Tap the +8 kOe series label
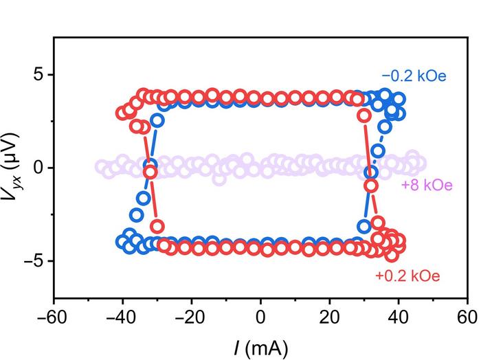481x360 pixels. pyautogui.click(x=426, y=185)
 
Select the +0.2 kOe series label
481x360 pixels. pyautogui.click(x=407, y=276)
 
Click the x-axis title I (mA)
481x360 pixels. pyautogui.click(x=260, y=344)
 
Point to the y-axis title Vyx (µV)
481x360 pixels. pyautogui.click(x=16, y=167)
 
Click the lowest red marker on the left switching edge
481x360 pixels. pyautogui.click(x=157, y=226)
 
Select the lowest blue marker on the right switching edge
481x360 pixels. pyautogui.click(x=365, y=226)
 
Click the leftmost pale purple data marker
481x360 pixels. pyautogui.click(x=102, y=167)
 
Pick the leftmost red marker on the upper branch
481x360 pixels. pyautogui.click(x=123, y=113)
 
